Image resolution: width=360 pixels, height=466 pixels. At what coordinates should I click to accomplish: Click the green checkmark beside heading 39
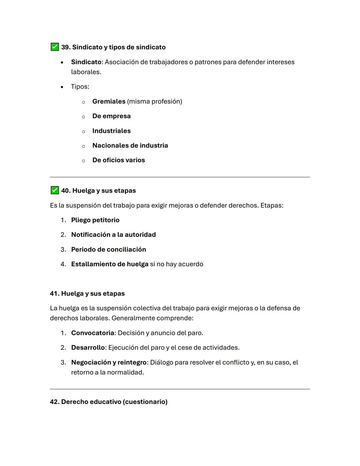[x=55, y=47]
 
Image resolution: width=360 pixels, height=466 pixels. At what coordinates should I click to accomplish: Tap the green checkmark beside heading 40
[x=55, y=190]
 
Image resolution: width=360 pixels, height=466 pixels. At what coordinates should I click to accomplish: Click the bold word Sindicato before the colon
[x=86, y=62]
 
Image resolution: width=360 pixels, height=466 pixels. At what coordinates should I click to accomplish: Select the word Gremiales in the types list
[x=109, y=101]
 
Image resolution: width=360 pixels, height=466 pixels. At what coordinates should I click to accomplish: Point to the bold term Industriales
[x=111, y=131]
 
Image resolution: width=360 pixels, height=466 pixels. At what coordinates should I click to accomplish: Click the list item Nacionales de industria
[x=130, y=145]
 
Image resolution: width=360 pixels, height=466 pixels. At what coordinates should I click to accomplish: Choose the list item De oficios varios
[x=118, y=160]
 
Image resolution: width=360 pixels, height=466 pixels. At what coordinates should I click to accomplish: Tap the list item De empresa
[x=111, y=116]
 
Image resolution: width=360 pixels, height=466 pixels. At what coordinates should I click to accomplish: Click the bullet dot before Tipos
[x=62, y=87]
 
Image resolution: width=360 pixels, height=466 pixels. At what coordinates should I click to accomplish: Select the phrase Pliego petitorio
[x=95, y=220]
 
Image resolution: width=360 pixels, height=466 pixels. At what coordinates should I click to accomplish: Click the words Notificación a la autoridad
[x=113, y=235]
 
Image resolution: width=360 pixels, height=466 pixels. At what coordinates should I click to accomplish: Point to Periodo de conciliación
[x=108, y=250]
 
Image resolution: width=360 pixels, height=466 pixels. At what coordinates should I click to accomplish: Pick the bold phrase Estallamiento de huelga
[x=110, y=264]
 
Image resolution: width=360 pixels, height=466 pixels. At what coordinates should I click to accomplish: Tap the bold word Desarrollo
[x=88, y=348]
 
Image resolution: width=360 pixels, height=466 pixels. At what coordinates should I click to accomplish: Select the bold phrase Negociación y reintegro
[x=109, y=362]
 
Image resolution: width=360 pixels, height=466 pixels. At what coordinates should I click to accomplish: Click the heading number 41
[x=54, y=294]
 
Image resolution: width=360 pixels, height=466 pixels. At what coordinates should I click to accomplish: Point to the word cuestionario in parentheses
[x=145, y=402]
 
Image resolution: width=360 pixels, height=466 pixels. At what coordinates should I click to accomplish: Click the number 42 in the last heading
[x=54, y=402]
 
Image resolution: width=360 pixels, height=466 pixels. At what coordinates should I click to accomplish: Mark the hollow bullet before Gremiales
[x=83, y=102]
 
